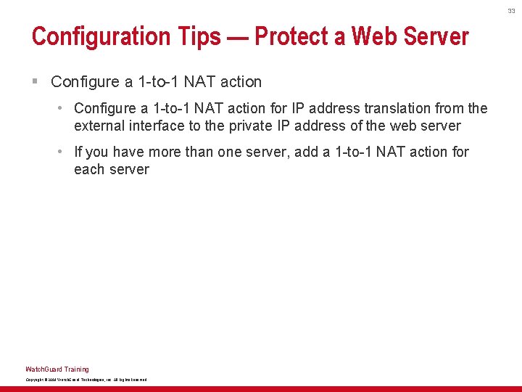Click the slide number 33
pos(511,11)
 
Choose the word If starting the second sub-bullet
pos(78,152)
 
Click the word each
pos(90,169)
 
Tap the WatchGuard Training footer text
pos(57,369)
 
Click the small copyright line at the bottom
pos(86,380)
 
